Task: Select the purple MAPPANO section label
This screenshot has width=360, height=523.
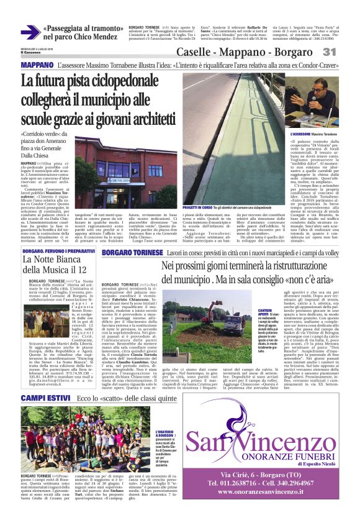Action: pyautogui.click(x=37, y=65)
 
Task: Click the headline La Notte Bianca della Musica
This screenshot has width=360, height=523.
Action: pyautogui.click(x=54, y=264)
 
